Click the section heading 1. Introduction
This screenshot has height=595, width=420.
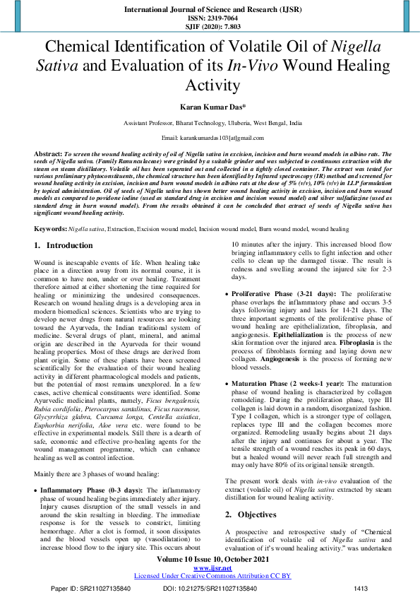coord(64,245)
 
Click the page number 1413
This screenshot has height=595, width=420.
coord(361,588)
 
